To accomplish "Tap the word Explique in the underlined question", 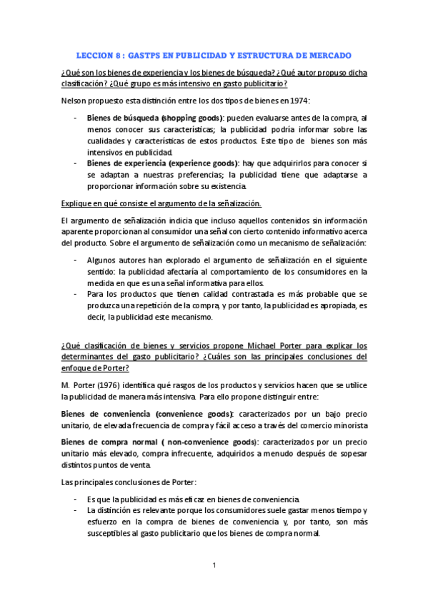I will [76, 204].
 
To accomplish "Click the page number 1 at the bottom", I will [214, 566].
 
